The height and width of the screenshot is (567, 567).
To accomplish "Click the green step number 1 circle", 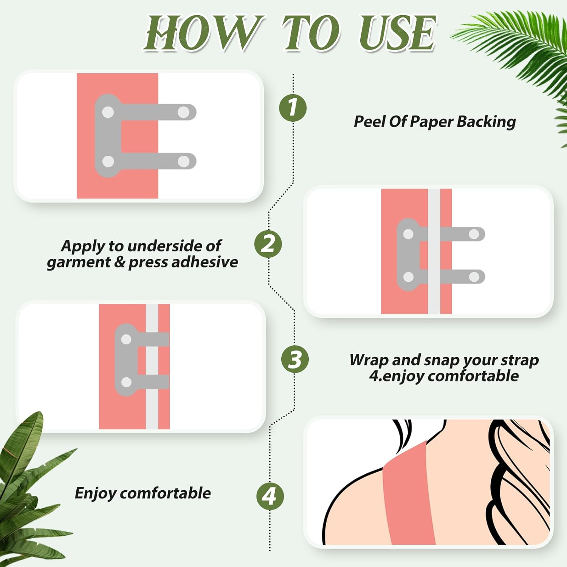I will tap(293, 108).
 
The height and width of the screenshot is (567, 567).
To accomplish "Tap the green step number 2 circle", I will tap(268, 244).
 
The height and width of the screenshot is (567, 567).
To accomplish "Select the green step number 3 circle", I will tap(295, 359).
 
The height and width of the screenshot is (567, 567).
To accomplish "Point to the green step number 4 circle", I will tap(270, 496).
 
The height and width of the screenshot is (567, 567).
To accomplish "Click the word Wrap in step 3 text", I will tap(369, 360).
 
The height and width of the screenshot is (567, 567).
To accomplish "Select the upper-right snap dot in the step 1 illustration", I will tap(184, 112).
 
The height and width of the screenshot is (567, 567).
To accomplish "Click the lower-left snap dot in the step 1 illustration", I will tap(108, 162).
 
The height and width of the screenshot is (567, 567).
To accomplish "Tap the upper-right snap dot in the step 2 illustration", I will tap(474, 234).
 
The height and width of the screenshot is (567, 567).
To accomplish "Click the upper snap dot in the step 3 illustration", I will tap(126, 339).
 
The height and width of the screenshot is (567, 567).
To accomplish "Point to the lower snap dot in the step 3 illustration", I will tap(126, 382).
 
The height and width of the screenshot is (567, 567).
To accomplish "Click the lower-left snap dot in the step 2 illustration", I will tap(408, 277).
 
